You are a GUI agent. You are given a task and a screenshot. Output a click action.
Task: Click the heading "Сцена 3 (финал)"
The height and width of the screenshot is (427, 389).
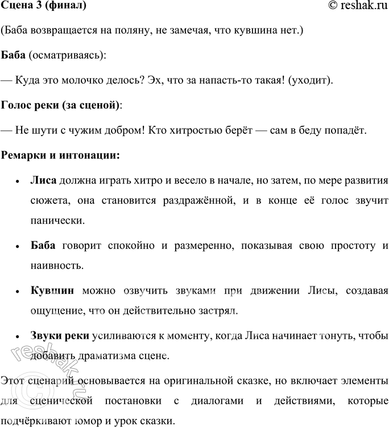tap(44, 6)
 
